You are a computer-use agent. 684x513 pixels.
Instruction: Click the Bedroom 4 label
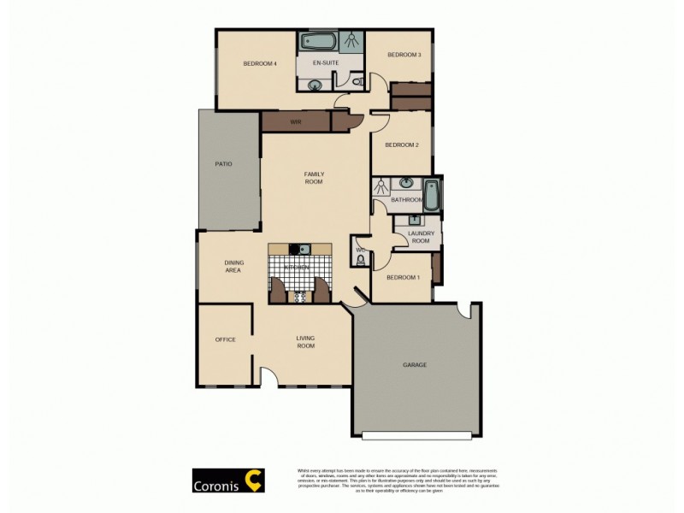(x=259, y=63)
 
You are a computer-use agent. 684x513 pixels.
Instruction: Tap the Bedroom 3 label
(x=404, y=55)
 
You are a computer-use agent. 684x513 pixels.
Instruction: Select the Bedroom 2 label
(x=401, y=144)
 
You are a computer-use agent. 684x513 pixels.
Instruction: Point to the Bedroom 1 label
(x=403, y=278)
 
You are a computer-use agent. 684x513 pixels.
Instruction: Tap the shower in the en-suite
(x=350, y=40)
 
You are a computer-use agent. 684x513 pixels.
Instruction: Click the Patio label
(x=224, y=164)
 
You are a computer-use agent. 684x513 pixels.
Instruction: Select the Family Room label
(x=314, y=178)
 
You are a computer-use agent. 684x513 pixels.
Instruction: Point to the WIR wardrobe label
(x=296, y=122)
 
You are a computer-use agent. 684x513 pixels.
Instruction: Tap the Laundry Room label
(x=421, y=237)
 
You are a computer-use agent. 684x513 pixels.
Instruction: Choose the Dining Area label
(x=233, y=266)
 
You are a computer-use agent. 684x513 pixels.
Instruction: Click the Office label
(x=225, y=339)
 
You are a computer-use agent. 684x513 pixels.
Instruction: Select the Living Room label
(x=305, y=341)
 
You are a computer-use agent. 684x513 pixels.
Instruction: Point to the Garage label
(x=415, y=365)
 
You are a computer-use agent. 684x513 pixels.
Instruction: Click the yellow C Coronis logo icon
(x=255, y=480)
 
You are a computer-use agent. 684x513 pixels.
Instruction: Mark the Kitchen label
(x=297, y=268)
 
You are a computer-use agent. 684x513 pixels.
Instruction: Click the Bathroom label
(x=406, y=200)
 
